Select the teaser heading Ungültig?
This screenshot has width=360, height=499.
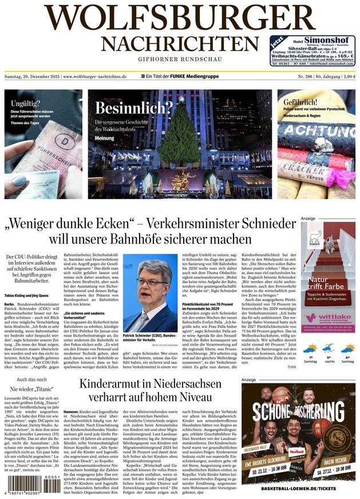click(26, 104)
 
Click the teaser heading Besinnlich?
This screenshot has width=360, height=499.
click(134, 108)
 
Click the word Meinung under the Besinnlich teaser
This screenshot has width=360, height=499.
click(105, 138)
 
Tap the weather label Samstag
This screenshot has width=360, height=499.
click(310, 361)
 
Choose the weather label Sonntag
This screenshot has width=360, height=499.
click(347, 361)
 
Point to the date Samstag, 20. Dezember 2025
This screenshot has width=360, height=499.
click(32, 76)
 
